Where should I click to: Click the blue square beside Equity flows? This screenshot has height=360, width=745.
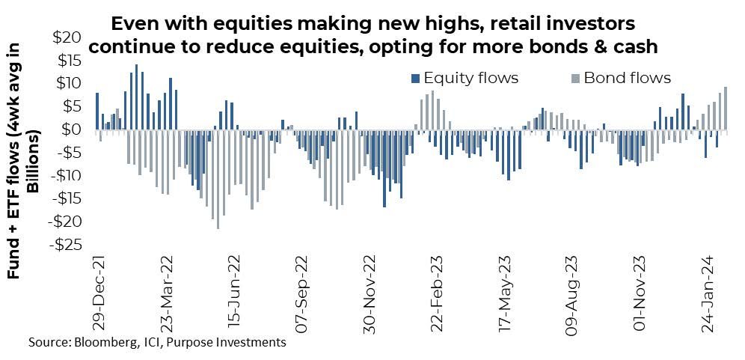pyautogui.click(x=415, y=78)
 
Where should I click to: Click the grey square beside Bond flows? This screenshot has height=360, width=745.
pyautogui.click(x=575, y=78)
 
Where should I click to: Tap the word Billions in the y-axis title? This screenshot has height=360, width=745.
pyautogui.click(x=34, y=162)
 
